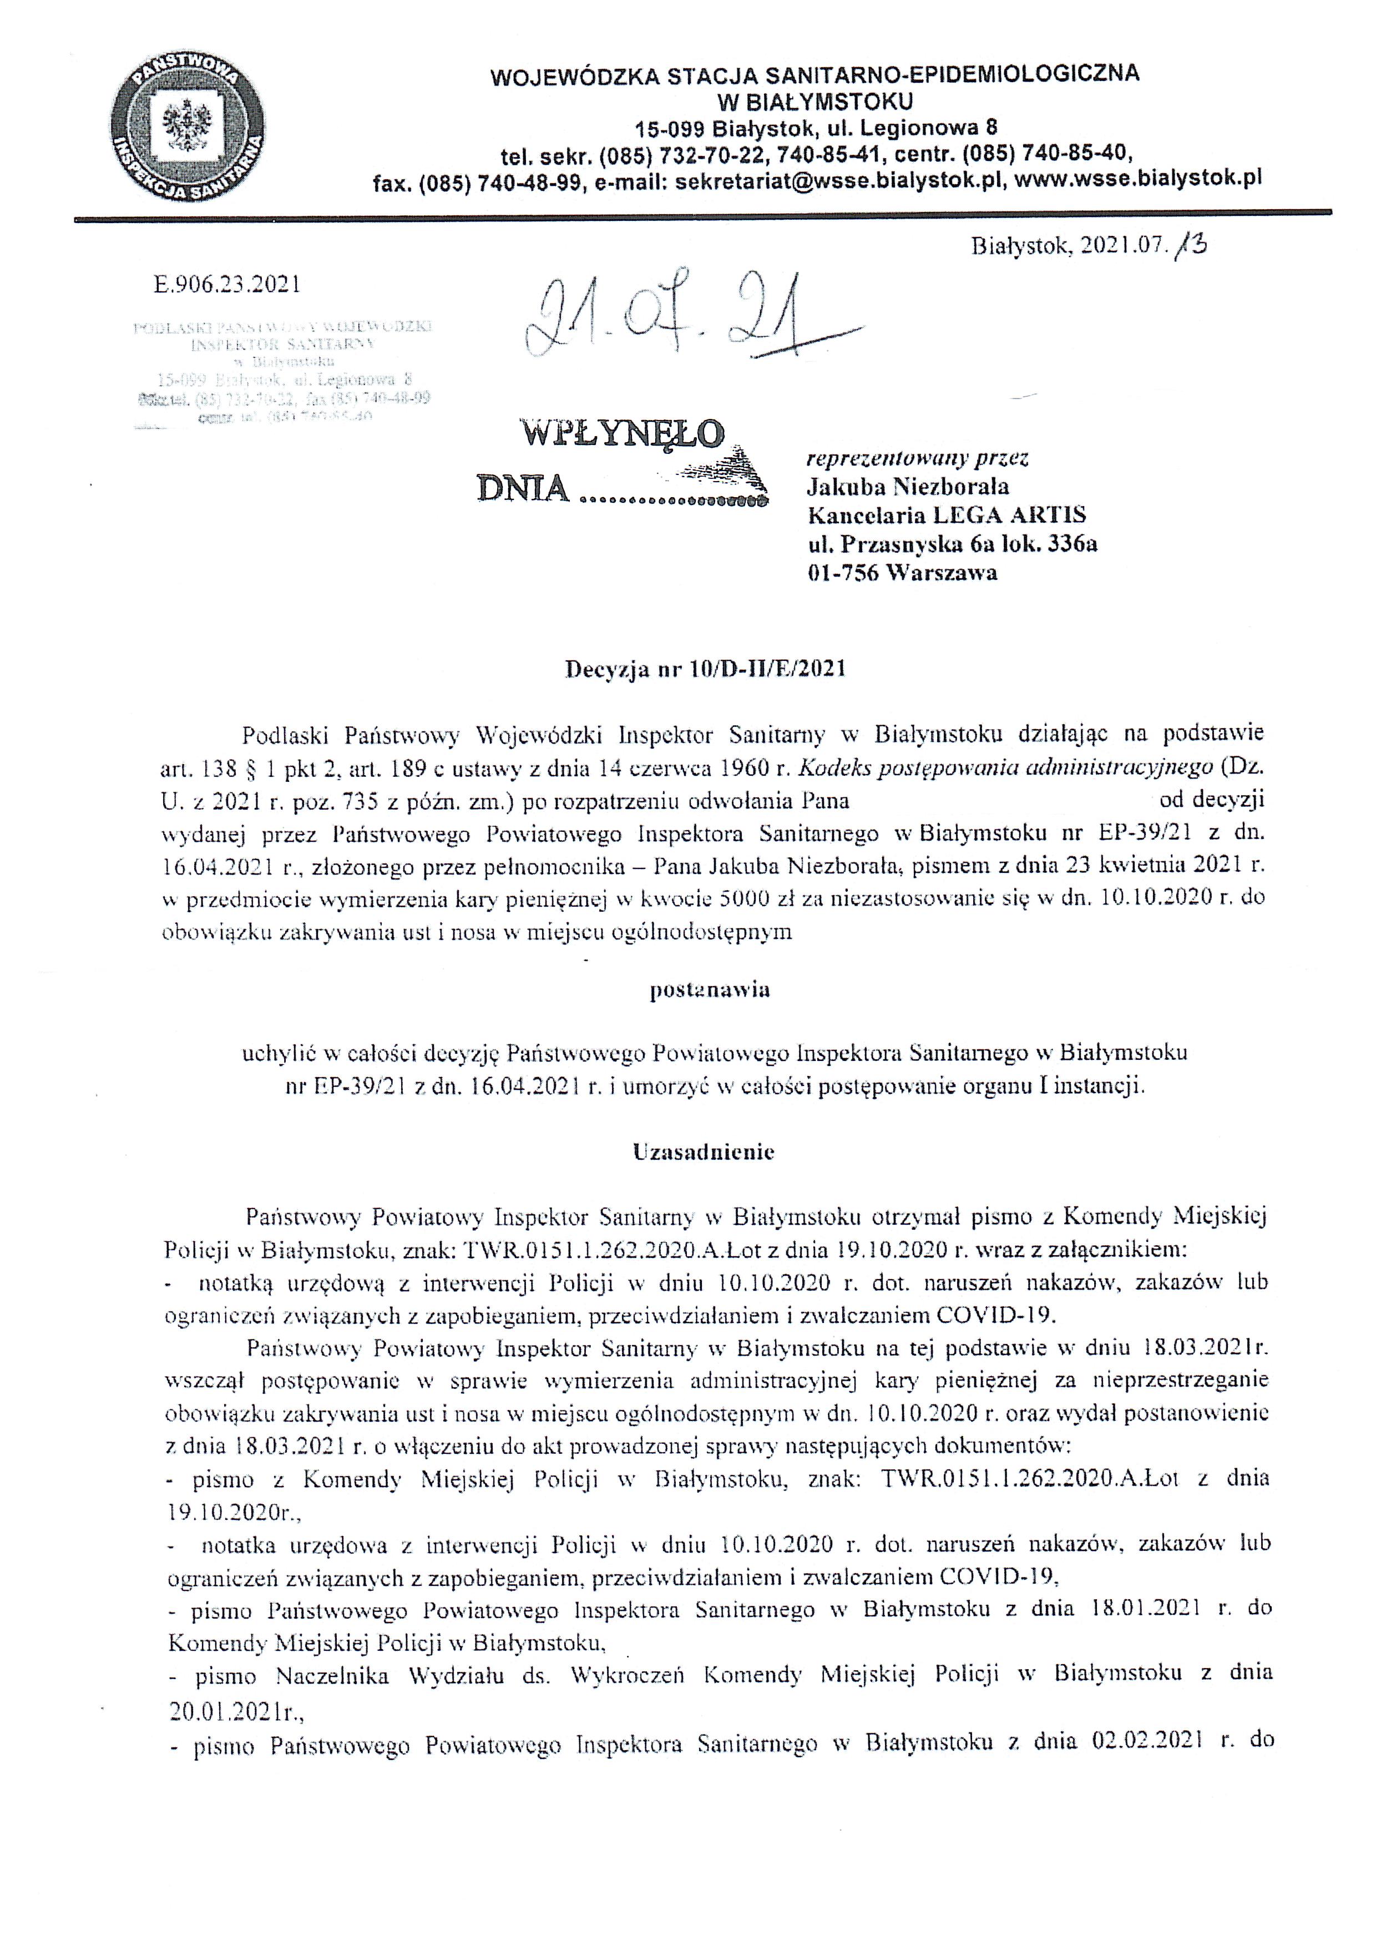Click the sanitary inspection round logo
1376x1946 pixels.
click(187, 132)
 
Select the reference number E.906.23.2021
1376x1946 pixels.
click(227, 285)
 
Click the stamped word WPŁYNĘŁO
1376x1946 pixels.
click(622, 435)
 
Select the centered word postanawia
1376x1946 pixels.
click(710, 989)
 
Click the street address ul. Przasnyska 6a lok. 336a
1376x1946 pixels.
click(952, 543)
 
